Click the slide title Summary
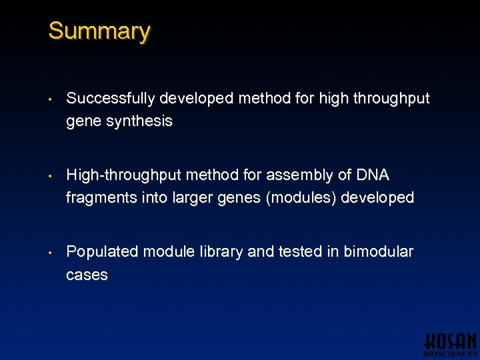pos(99,31)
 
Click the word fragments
pos(98,198)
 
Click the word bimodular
pos(380,252)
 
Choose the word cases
pos(87,275)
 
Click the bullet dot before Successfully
pos(51,100)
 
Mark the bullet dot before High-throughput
pos(51,177)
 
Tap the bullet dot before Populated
pos(51,253)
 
